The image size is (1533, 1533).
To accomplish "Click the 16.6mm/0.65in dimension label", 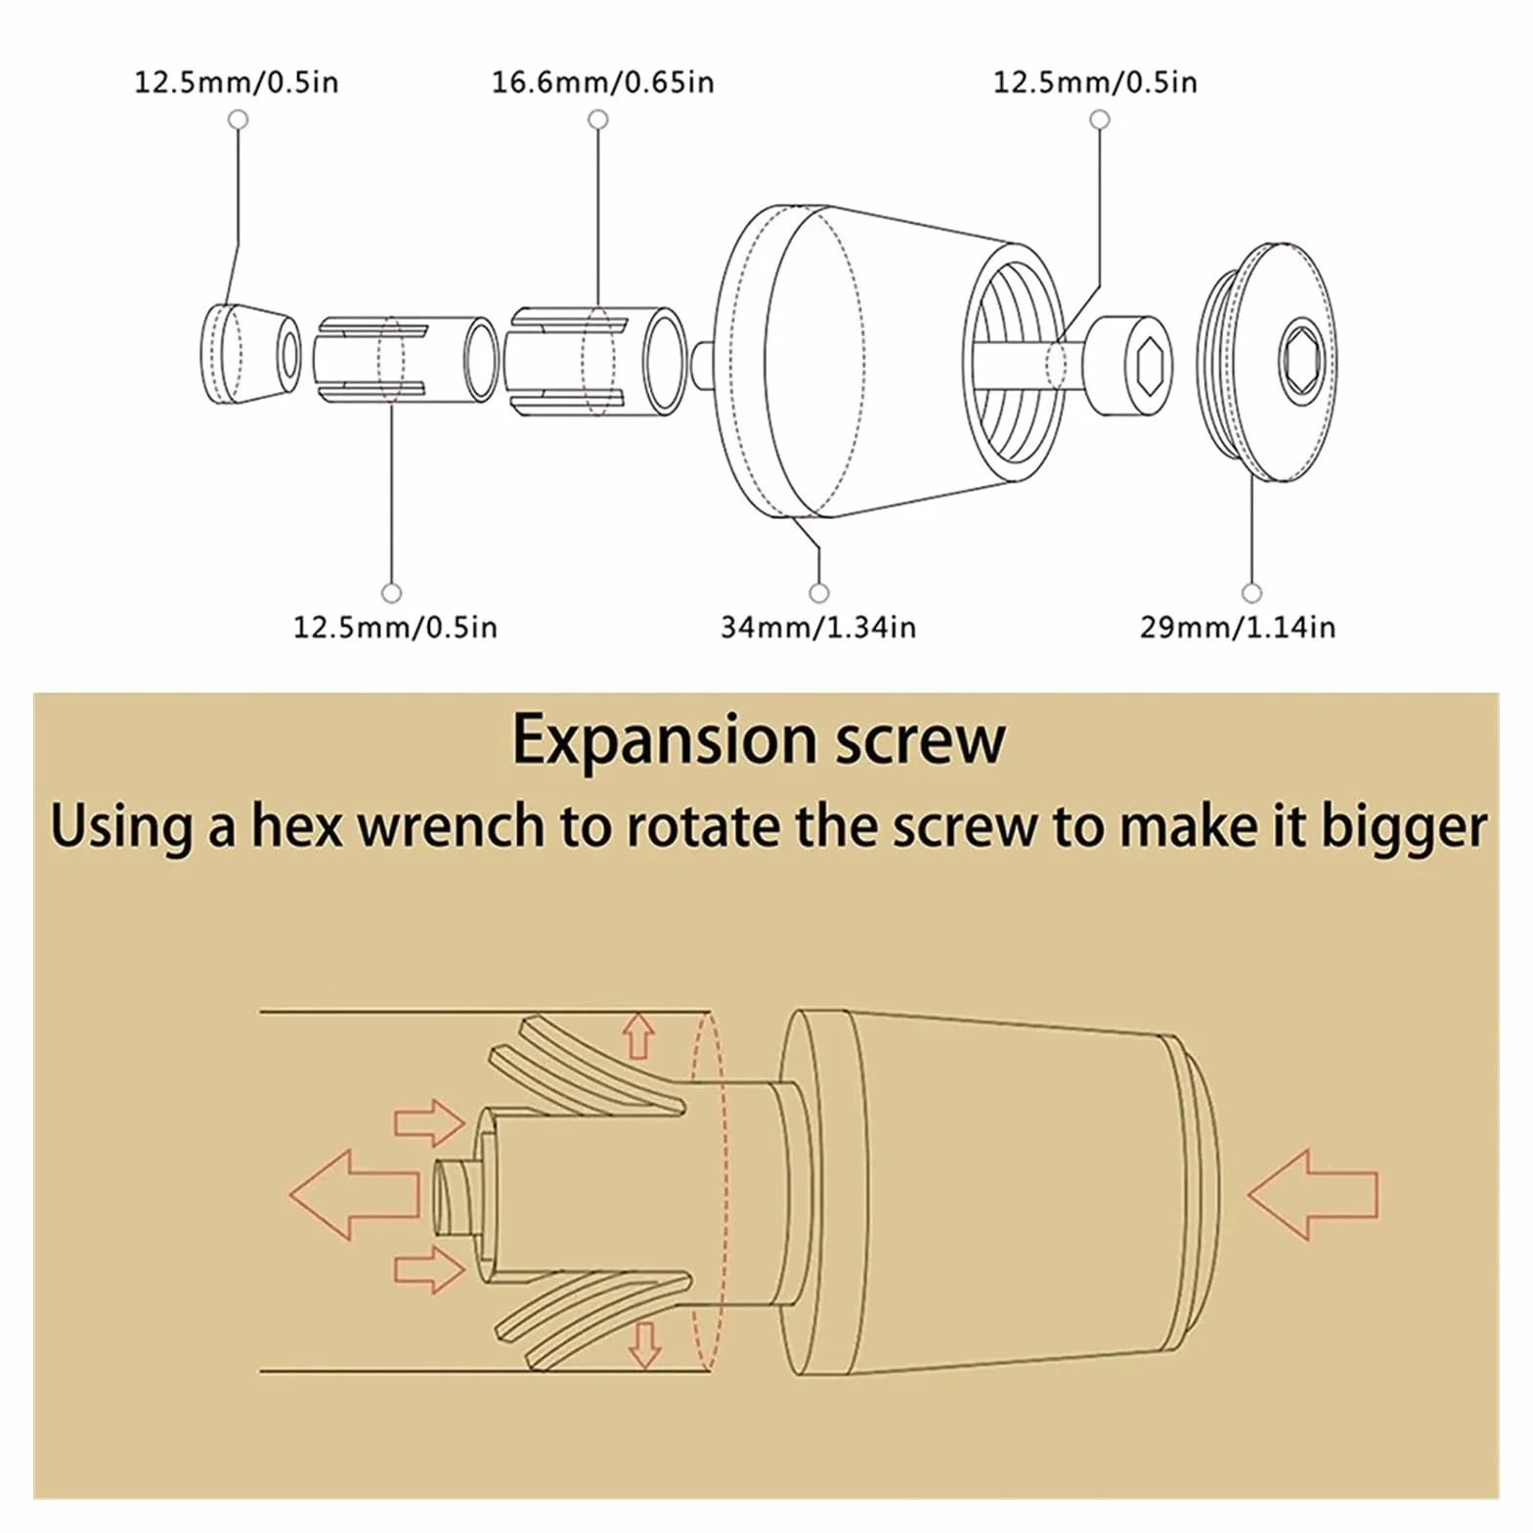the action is (602, 82).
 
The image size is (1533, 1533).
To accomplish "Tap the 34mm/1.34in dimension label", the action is (818, 627).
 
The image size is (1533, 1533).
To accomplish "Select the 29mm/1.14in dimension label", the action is (1238, 627).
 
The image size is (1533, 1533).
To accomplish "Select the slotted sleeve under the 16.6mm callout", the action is (597, 363).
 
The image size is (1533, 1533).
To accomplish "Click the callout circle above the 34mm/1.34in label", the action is (819, 593).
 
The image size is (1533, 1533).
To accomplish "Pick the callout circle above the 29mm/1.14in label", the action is (1251, 593).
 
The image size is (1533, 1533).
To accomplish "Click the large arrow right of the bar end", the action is (1313, 1195).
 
